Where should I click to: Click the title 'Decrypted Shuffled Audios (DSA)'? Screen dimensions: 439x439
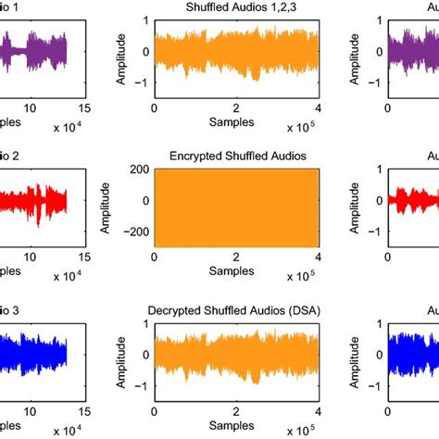(237, 308)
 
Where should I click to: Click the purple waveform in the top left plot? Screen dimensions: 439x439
(37, 51)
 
